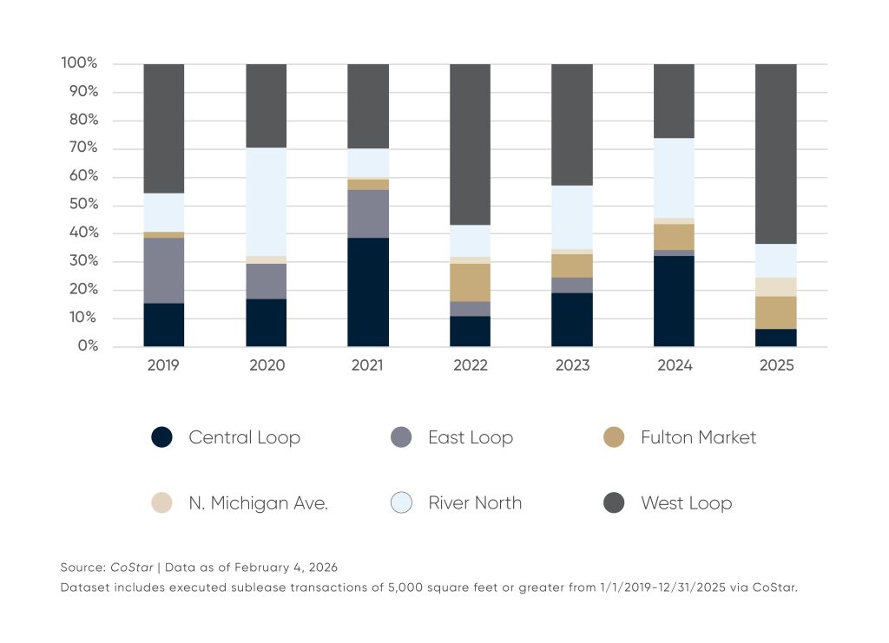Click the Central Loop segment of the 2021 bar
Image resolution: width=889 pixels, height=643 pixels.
click(368, 292)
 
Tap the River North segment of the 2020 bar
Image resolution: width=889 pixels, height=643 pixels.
click(266, 201)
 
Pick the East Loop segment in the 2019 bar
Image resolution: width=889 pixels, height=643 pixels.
click(163, 270)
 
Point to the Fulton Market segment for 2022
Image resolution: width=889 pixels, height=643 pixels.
click(470, 282)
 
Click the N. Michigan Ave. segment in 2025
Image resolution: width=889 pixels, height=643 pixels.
click(776, 286)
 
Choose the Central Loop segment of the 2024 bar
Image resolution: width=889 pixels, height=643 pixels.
click(674, 301)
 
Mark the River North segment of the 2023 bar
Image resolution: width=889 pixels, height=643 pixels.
click(572, 217)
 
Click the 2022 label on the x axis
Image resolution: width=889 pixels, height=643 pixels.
click(470, 366)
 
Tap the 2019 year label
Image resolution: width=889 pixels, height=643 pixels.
click(163, 366)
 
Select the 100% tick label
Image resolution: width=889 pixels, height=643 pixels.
click(80, 63)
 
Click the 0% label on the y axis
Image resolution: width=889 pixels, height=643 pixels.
click(87, 346)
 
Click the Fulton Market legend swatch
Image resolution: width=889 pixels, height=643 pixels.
click(614, 437)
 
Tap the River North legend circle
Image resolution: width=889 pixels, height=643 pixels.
click(401, 502)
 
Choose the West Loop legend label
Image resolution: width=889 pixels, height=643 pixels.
click(686, 502)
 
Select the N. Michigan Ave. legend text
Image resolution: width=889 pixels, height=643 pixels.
click(258, 502)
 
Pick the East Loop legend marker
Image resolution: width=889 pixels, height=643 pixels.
click(401, 437)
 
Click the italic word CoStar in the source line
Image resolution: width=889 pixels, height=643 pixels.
click(132, 568)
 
